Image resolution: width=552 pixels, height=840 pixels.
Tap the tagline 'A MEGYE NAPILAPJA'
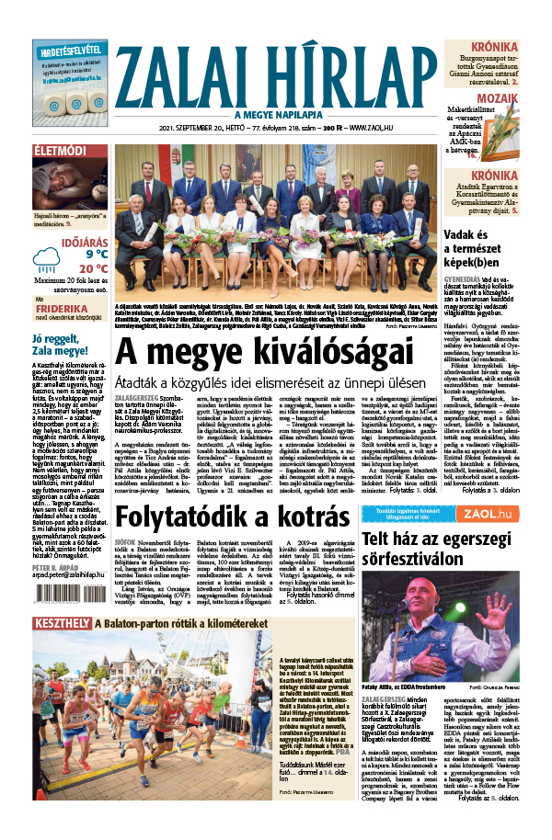point(274,115)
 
